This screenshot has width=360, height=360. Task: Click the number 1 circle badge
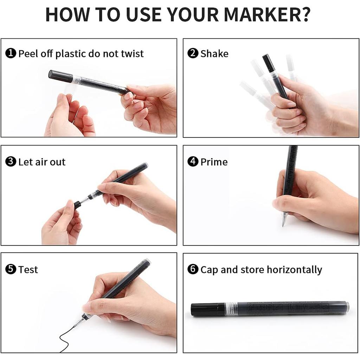click(11, 54)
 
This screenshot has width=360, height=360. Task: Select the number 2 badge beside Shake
click(193, 54)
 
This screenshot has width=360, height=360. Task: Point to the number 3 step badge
click(11, 162)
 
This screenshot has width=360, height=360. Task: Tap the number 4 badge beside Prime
click(193, 162)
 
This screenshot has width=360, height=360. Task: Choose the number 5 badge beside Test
click(11, 270)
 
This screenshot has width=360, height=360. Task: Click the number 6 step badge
click(193, 270)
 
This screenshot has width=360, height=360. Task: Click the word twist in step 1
click(132, 54)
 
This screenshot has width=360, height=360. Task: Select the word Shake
click(214, 54)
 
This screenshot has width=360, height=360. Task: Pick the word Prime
click(214, 162)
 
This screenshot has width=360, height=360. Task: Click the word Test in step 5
click(28, 270)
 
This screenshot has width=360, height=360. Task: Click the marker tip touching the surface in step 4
click(283, 222)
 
